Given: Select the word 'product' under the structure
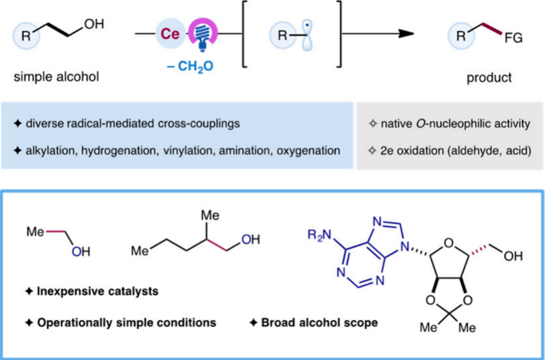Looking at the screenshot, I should pyautogui.click(x=490, y=77).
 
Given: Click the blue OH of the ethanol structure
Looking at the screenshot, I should pyautogui.click(x=80, y=252).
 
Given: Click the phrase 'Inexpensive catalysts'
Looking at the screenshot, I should pyautogui.click(x=98, y=291).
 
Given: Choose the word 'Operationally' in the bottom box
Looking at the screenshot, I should pyautogui.click(x=71, y=323).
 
